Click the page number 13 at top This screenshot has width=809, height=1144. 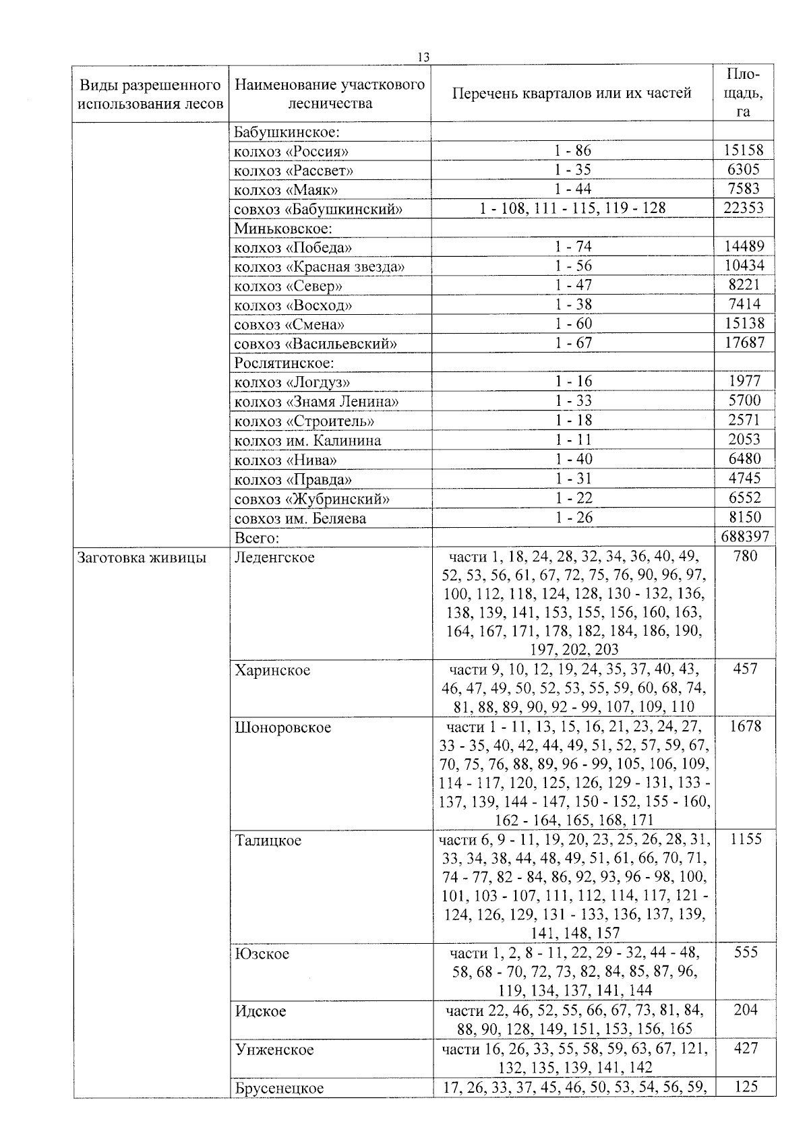click(x=423, y=57)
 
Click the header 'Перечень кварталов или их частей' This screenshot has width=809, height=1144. click(x=572, y=94)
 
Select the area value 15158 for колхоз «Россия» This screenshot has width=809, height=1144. click(x=744, y=150)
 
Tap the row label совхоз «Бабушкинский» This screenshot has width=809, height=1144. click(x=318, y=209)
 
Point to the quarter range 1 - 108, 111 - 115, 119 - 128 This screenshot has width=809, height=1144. click(x=572, y=208)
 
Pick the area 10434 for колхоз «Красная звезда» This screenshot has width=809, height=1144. click(x=744, y=266)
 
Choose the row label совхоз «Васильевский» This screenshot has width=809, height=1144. click(x=315, y=344)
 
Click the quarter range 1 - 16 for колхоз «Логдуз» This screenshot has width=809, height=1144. click(x=573, y=382)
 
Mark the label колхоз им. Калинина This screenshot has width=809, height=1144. click(x=307, y=440)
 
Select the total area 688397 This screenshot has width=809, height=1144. click(x=744, y=537)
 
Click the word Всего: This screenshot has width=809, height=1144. click(x=257, y=537)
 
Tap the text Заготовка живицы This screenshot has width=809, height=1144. click(x=142, y=558)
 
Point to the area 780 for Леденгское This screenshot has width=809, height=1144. click(x=744, y=556)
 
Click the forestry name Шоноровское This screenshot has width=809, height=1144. click(x=282, y=727)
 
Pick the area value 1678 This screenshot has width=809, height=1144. click(x=745, y=726)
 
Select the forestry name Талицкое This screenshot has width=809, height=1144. click(x=268, y=841)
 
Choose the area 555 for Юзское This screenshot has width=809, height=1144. click(x=745, y=953)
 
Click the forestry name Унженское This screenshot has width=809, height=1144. click(x=274, y=1050)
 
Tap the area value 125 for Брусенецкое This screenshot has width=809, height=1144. click(x=745, y=1086)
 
